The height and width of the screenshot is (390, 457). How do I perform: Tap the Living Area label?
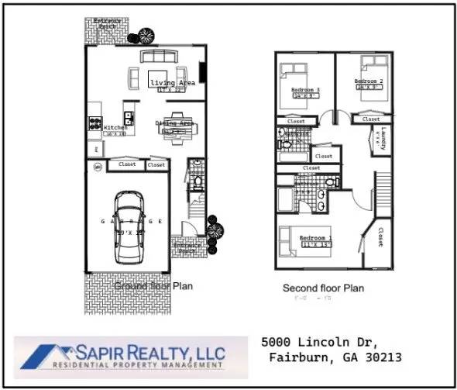click(172, 83)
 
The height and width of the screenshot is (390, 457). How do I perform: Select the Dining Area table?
click(174, 129)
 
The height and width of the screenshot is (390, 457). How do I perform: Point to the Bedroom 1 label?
click(316, 238)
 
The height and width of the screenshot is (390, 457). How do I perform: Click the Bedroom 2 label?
click(369, 81)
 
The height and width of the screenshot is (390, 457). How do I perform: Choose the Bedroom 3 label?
click(305, 90)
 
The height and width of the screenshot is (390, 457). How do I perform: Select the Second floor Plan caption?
click(322, 288)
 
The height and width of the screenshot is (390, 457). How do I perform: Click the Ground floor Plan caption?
click(153, 286)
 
